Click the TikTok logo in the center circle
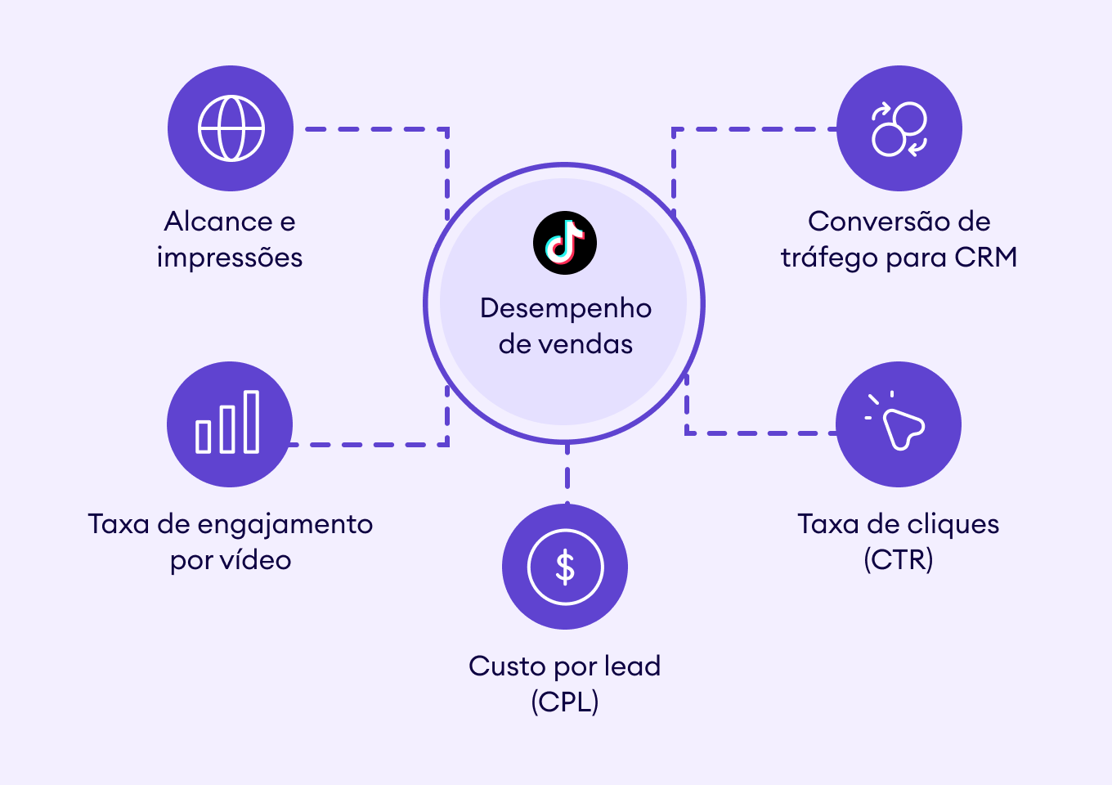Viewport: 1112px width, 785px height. [565, 243]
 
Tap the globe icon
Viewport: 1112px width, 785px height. [231, 128]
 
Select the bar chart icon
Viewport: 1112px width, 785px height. [228, 423]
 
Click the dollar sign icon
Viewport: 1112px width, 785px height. [565, 567]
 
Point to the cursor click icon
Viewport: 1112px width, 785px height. [899, 424]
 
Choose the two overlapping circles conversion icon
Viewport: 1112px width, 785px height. [899, 128]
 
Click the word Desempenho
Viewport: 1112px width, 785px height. [566, 308]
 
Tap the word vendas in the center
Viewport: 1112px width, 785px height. [589, 344]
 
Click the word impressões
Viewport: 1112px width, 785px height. [230, 258]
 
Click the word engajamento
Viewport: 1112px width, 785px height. [285, 525]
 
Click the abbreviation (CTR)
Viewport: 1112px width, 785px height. [899, 560]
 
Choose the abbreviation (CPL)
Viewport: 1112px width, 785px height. [565, 702]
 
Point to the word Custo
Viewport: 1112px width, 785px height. [506, 666]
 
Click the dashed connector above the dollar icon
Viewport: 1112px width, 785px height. [567, 474]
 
